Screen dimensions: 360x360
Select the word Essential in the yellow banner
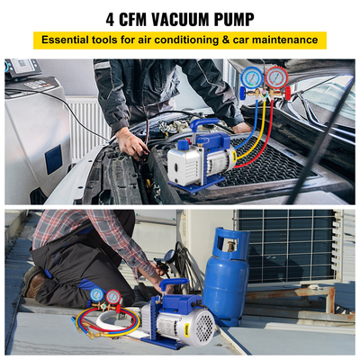coord(67,40)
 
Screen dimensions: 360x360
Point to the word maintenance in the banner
coord(285,40)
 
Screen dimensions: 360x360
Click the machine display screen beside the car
coord(19,67)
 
